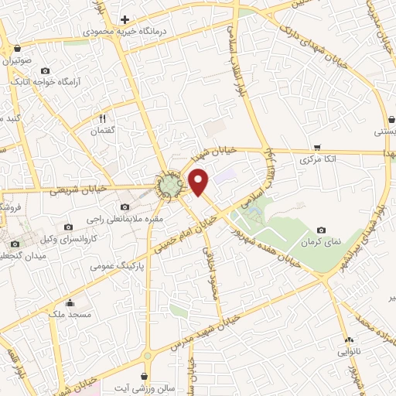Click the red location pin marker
[200, 182]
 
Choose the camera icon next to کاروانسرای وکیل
[69, 227]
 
